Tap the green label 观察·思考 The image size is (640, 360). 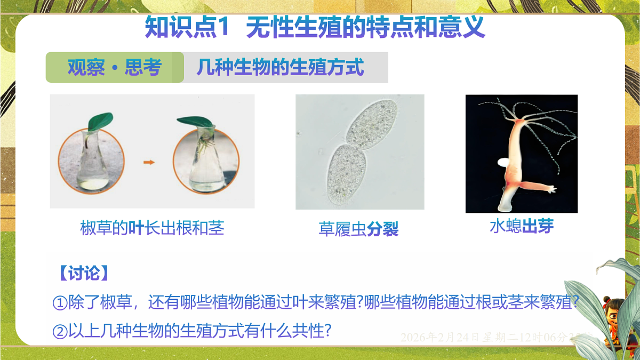pos(115,68)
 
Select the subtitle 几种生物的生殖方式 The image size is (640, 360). pos(280,68)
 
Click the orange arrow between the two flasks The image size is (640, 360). pos(149,162)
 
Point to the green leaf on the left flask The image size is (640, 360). pos(100,121)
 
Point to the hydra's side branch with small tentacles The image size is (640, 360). pos(539,186)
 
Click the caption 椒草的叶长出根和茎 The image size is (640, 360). pos(152,228)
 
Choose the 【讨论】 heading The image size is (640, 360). pos(84,273)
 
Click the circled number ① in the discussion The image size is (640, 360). pos(59,302)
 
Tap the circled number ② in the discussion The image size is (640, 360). pos(59,331)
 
